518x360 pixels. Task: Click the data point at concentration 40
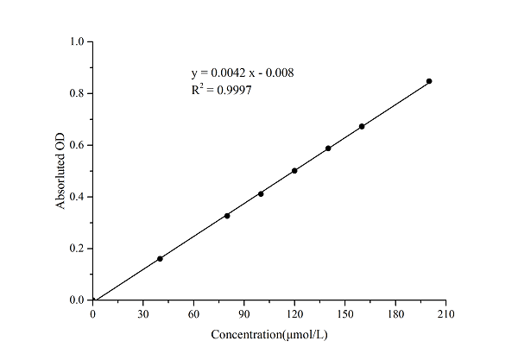(160, 258)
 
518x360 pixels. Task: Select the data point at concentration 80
(227, 215)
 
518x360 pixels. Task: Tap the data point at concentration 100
(261, 193)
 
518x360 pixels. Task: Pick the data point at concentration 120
(294, 171)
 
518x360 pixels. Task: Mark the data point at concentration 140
(328, 148)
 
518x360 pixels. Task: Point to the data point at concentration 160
(362, 126)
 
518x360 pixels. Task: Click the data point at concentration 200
(429, 81)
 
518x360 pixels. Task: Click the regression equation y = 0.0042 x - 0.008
(242, 73)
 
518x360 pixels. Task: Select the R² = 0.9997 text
(221, 89)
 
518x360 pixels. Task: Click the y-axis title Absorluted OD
(61, 171)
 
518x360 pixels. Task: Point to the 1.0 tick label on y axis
(77, 41)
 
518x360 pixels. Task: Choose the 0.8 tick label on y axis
(77, 93)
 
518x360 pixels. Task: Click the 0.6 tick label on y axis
(77, 145)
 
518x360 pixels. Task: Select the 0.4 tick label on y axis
(77, 197)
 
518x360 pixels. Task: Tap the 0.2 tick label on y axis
(77, 249)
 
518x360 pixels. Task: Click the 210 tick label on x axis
(445, 314)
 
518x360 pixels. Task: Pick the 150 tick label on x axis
(345, 314)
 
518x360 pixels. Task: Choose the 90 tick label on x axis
(244, 314)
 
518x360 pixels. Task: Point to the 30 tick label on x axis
(143, 314)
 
